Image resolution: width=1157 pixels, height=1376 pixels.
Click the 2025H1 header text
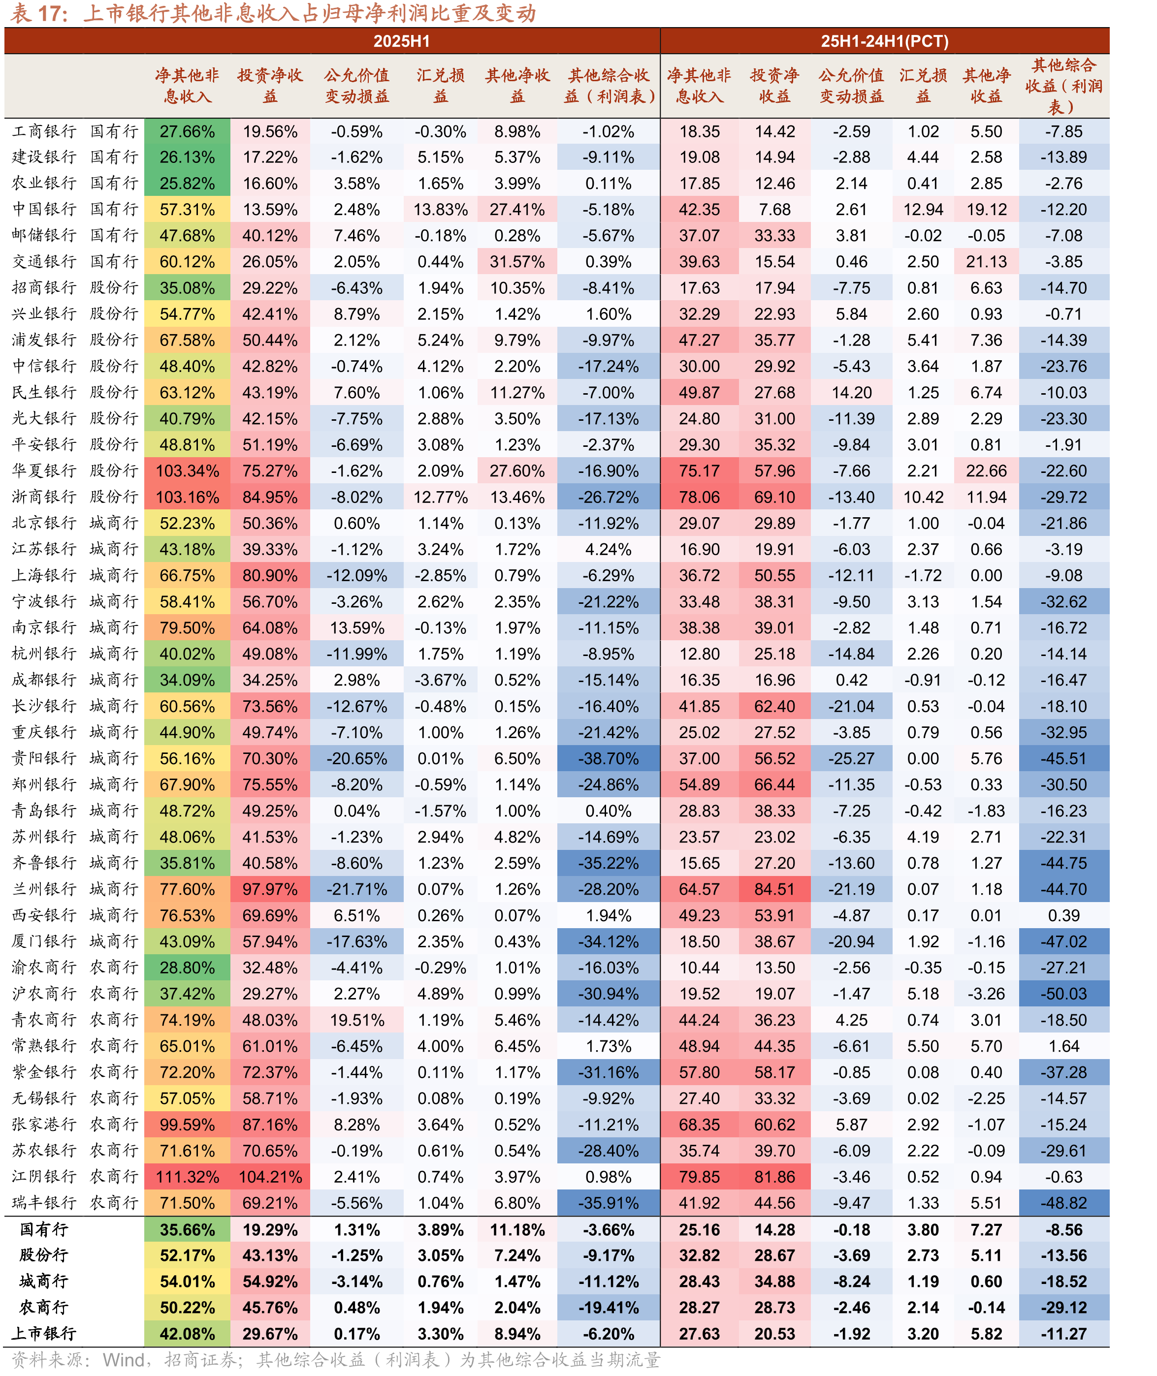tap(401, 41)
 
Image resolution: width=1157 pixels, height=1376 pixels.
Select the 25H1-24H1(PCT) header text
tap(885, 41)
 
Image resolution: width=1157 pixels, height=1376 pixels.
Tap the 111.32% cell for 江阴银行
tap(187, 1177)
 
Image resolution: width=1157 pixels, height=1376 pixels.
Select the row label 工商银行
tap(44, 131)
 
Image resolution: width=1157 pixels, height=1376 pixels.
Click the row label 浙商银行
tap(44, 497)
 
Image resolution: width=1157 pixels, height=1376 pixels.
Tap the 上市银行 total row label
tap(44, 1333)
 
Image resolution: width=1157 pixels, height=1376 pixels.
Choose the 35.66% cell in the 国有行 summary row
tap(187, 1230)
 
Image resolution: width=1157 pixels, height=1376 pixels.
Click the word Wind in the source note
tap(124, 1360)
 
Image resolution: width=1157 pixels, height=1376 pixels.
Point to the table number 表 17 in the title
tap(39, 13)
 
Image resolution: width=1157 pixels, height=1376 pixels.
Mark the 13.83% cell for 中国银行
tap(440, 210)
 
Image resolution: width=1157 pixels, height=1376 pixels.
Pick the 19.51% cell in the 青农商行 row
tap(357, 1020)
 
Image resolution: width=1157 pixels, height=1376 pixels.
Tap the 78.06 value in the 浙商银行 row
tap(699, 497)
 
